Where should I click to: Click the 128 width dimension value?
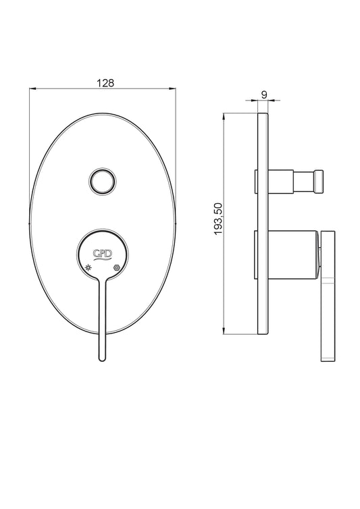(x=105, y=83)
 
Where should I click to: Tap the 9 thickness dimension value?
(x=264, y=95)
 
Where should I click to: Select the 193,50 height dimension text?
(x=218, y=219)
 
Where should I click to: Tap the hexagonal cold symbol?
(x=116, y=267)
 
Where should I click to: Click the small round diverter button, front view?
(x=102, y=182)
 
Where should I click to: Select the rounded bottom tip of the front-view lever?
(x=102, y=358)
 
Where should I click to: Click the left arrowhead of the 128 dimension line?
(x=32, y=88)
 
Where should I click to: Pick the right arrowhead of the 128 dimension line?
(x=173, y=88)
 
